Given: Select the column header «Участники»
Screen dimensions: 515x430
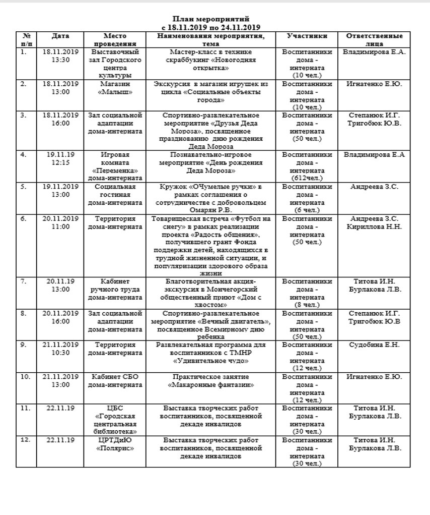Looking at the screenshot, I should click(x=307, y=36).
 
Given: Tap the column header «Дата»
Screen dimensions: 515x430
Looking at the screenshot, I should click(x=60, y=36).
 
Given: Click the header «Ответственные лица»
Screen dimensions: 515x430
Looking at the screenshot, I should click(x=374, y=40).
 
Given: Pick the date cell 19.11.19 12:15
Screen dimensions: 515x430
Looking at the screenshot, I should click(x=60, y=158).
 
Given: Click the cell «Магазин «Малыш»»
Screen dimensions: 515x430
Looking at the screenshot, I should click(x=115, y=88).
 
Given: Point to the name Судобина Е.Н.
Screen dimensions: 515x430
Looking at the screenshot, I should click(x=374, y=345).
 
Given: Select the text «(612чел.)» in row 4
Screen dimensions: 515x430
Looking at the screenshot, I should click(x=307, y=178).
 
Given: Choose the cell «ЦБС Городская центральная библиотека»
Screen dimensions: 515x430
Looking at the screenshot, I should click(x=115, y=420).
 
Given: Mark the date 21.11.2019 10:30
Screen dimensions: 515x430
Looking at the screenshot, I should click(x=60, y=349).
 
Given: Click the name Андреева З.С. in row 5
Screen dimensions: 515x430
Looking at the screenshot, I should click(x=374, y=187).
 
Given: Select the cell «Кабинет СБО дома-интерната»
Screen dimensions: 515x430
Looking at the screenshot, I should click(x=115, y=381).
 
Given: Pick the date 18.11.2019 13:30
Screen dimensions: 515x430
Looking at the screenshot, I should click(x=60, y=55).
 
